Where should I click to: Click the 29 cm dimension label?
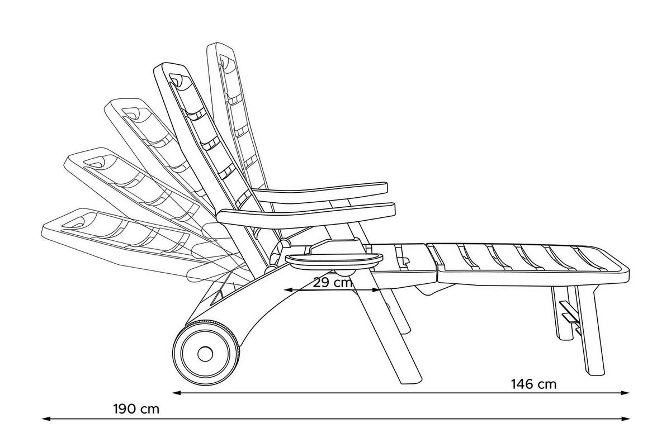click(x=333, y=282)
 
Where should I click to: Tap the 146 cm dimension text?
click(x=533, y=384)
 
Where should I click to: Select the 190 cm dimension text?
click(x=136, y=409)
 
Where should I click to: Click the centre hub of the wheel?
click(x=205, y=354)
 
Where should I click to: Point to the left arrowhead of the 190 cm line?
click(x=46, y=419)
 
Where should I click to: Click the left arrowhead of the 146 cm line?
click(x=177, y=393)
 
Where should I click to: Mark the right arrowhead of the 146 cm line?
click(x=625, y=393)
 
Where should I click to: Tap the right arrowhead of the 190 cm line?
click(x=625, y=419)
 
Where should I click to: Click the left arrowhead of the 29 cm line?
click(x=287, y=290)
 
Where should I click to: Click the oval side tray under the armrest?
click(x=334, y=261)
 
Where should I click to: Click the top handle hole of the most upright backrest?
click(x=224, y=61)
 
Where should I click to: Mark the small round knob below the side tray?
click(x=345, y=273)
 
